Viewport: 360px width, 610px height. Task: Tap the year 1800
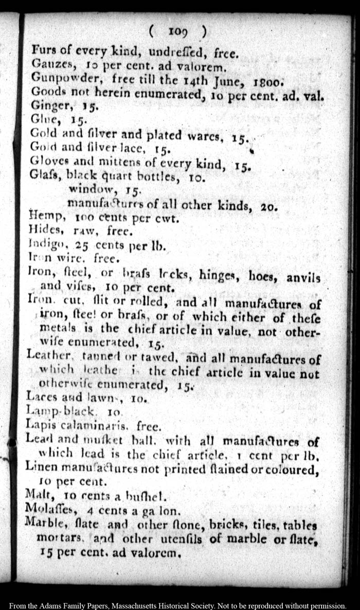265,81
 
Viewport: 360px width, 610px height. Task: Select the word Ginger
45,106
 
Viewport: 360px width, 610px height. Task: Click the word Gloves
47,163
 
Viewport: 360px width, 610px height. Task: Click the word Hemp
43,218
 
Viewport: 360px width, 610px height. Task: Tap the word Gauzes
47,64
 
